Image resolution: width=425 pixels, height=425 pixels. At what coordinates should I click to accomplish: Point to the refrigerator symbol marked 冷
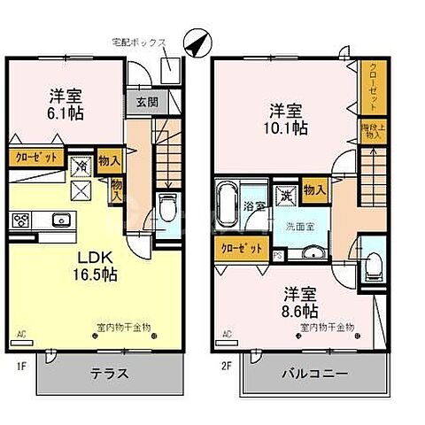[x=81, y=166]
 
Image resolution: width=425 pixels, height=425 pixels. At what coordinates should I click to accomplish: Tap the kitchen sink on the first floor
[x=61, y=221]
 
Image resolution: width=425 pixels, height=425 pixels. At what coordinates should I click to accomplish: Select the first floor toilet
[x=167, y=209]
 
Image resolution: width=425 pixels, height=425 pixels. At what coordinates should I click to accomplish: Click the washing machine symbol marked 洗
[x=285, y=197]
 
